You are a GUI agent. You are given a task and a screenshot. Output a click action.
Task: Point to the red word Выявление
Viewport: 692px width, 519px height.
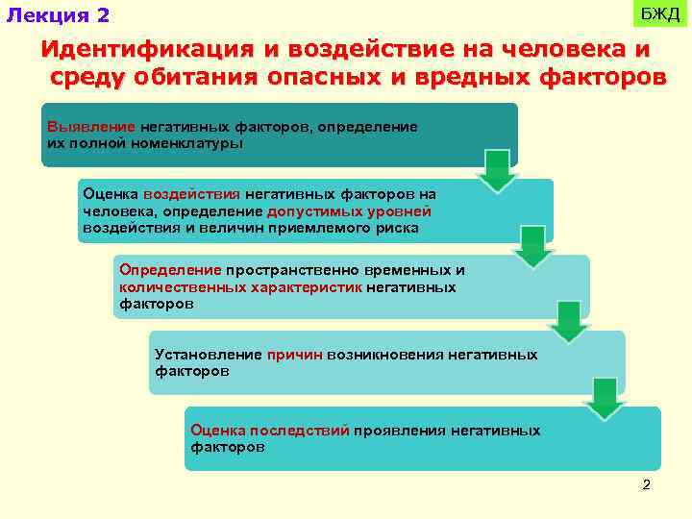(91, 127)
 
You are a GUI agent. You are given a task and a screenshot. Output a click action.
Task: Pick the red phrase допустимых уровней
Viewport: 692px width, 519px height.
(349, 211)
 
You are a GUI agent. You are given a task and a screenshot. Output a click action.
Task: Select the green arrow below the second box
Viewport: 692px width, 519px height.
(533, 247)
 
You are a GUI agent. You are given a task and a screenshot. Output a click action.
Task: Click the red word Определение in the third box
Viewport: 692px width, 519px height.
(170, 271)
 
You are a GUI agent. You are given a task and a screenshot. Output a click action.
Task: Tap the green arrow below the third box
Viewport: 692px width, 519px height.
(569, 323)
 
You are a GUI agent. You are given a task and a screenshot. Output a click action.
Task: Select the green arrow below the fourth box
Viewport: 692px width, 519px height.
(605, 399)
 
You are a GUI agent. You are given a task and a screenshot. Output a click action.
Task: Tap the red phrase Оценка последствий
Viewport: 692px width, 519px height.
(270, 431)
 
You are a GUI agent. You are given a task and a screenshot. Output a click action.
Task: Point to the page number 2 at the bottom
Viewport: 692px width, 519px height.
(646, 484)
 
